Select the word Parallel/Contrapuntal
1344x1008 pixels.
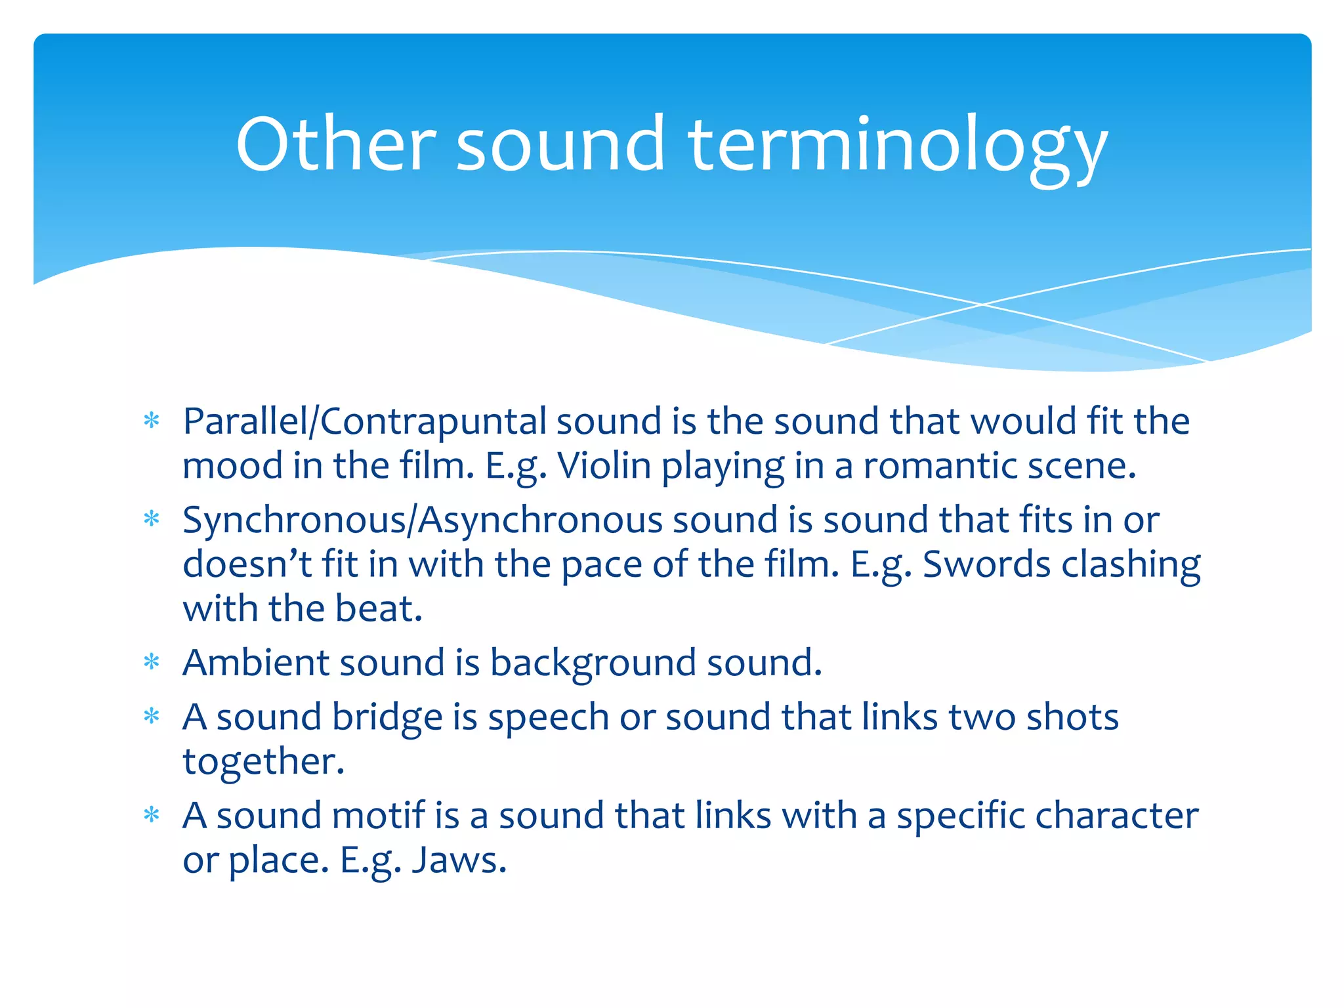tap(364, 421)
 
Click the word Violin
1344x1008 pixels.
tap(604, 466)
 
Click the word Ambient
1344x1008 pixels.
tap(255, 662)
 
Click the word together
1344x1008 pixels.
tap(262, 762)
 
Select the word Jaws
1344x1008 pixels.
tap(459, 860)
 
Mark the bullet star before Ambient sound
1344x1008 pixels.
tap(152, 662)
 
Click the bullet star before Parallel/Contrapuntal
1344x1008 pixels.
tap(152, 421)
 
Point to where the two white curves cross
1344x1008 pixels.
tap(982, 304)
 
